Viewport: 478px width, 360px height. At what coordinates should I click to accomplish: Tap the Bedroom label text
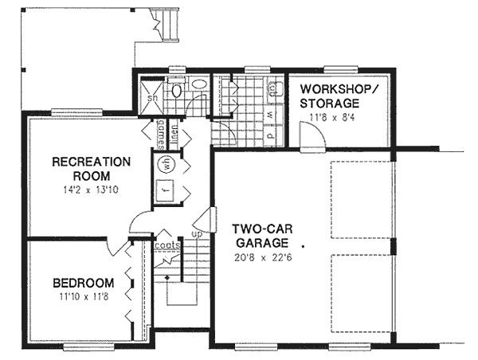[83, 283]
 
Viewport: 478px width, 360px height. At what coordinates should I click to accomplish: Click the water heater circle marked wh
[167, 164]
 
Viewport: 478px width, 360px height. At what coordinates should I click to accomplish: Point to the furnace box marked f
[167, 191]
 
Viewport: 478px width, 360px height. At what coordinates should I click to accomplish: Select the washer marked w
[270, 115]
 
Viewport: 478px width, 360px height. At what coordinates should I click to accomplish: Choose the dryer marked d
[270, 135]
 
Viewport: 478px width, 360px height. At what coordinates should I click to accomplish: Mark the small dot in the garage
[303, 248]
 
